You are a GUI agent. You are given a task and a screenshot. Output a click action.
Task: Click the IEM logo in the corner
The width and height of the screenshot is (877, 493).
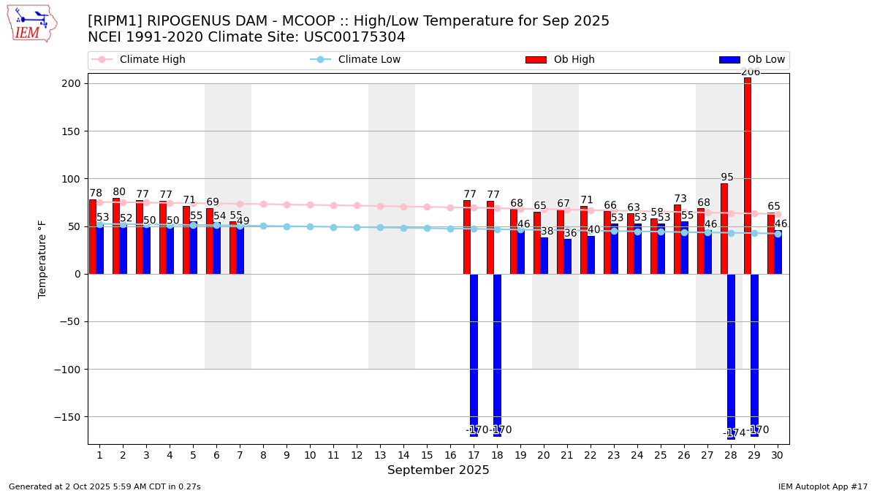[31, 23]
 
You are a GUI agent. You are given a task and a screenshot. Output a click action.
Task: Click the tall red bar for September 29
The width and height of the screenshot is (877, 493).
[748, 175]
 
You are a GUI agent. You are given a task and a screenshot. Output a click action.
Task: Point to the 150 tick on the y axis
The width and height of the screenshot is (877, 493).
[73, 131]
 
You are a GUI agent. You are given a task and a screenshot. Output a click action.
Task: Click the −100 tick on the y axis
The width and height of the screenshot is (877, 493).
[69, 370]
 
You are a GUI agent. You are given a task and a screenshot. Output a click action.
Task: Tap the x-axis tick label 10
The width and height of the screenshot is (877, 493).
[310, 455]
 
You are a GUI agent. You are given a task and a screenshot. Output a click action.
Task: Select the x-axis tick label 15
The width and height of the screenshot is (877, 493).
[427, 455]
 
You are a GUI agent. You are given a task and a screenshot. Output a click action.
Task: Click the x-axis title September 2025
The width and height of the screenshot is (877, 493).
[438, 470]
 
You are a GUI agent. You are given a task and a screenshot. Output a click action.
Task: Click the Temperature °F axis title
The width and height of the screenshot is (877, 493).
[42, 259]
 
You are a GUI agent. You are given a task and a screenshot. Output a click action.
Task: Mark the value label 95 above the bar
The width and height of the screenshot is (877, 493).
[727, 177]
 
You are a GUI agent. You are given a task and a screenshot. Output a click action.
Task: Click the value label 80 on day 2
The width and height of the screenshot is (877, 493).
[119, 192]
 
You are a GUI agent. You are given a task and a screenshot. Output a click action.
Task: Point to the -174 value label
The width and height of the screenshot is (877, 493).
[734, 433]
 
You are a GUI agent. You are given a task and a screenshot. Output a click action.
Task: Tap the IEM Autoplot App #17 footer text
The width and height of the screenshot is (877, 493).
[823, 486]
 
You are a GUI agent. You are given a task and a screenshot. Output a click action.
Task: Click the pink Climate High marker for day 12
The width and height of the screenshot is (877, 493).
[357, 206]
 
